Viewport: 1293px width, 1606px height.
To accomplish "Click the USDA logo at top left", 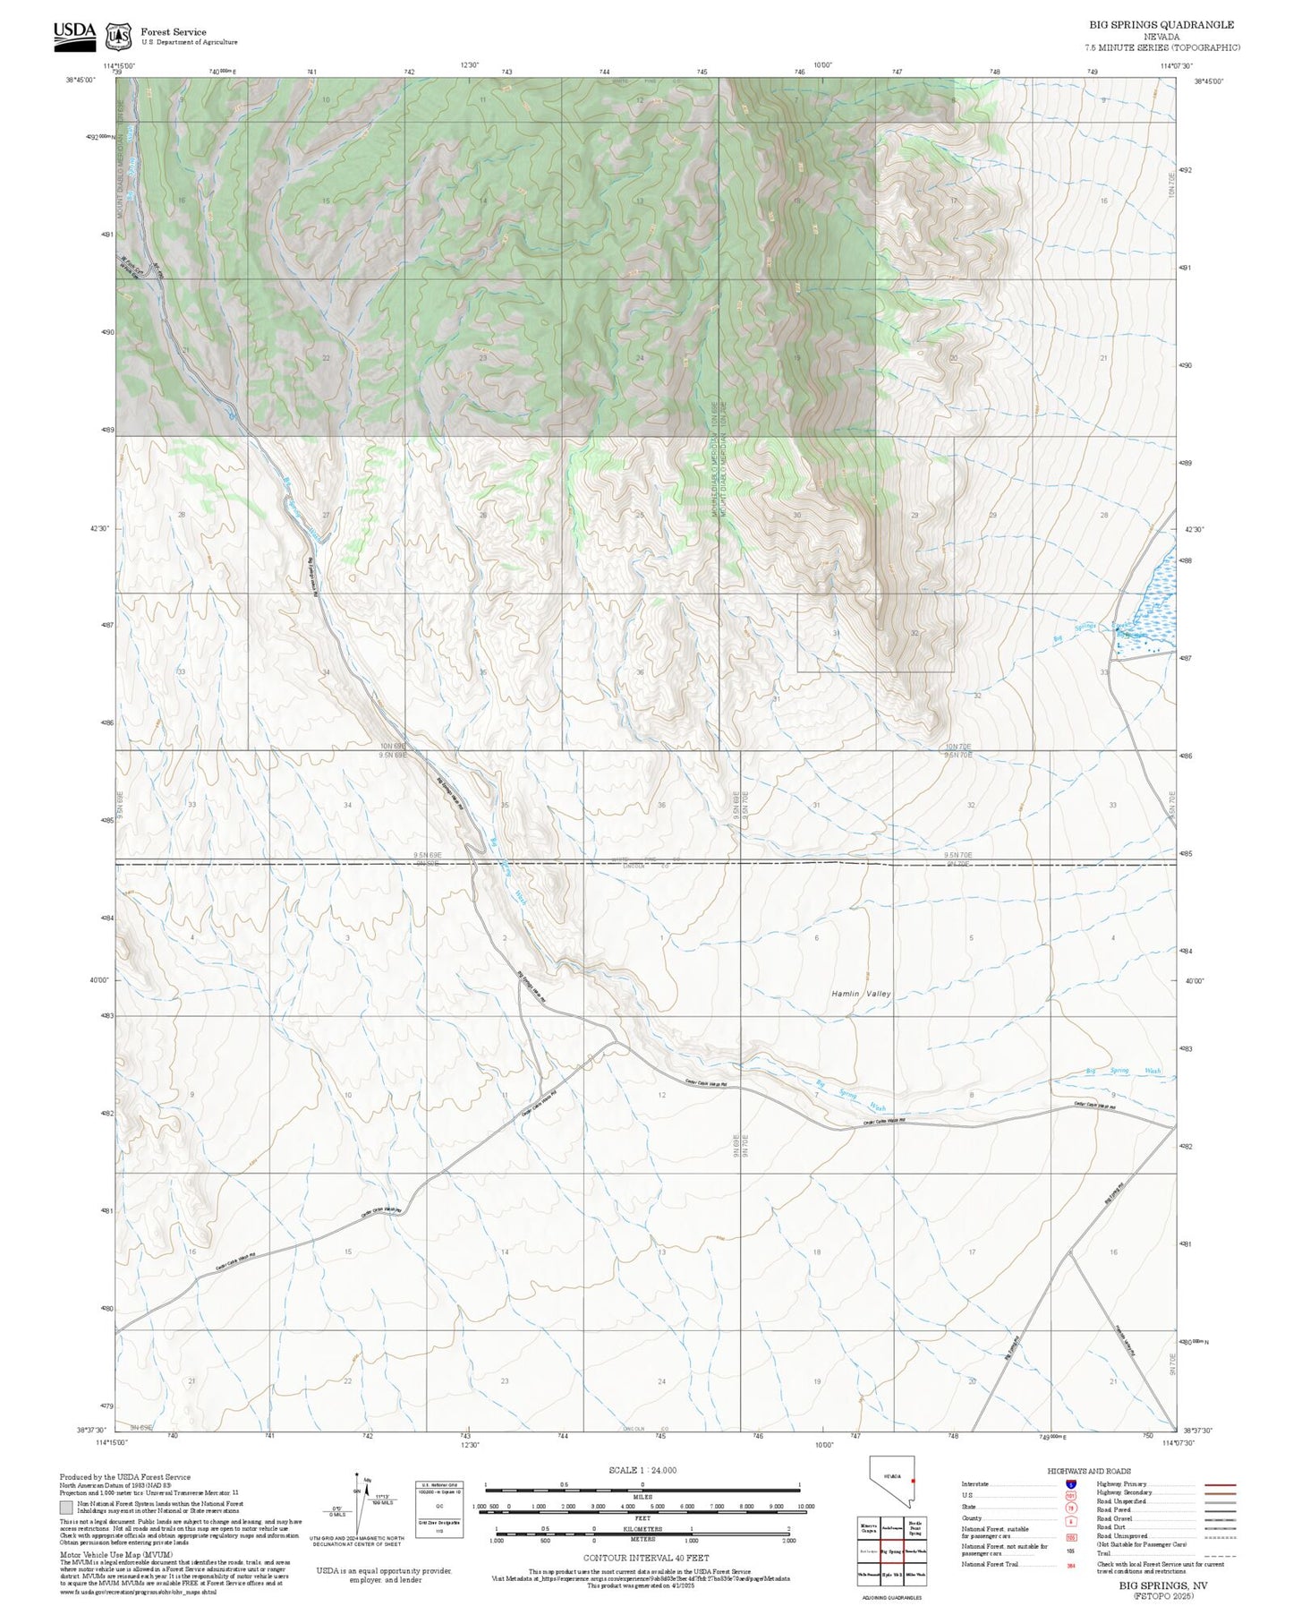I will pyautogui.click(x=74, y=32).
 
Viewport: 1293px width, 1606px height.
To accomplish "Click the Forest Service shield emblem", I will pyautogui.click(x=118, y=36).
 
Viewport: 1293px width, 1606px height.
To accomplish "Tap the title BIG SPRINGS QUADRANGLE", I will pyautogui.click(x=1161, y=25).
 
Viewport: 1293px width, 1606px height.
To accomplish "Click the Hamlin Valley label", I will pyautogui.click(x=861, y=994).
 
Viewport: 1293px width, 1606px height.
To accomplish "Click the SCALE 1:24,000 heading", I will pyautogui.click(x=642, y=1470).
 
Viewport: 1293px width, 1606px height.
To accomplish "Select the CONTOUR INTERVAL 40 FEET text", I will pyautogui.click(x=645, y=1559).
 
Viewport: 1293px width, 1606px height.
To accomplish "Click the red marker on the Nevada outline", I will pyautogui.click(x=912, y=1506).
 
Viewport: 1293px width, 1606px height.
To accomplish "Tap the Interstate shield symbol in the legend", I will pyautogui.click(x=1070, y=1484).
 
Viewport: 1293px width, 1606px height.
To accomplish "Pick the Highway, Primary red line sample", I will pyautogui.click(x=1220, y=1484).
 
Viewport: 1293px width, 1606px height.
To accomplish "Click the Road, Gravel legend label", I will pyautogui.click(x=1118, y=1519).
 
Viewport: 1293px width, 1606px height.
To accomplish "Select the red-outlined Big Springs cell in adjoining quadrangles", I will pyautogui.click(x=890, y=1550).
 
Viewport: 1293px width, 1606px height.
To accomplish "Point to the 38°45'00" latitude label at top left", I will pyautogui.click(x=81, y=81).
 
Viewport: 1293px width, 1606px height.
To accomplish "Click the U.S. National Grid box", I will pyautogui.click(x=439, y=1509).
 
